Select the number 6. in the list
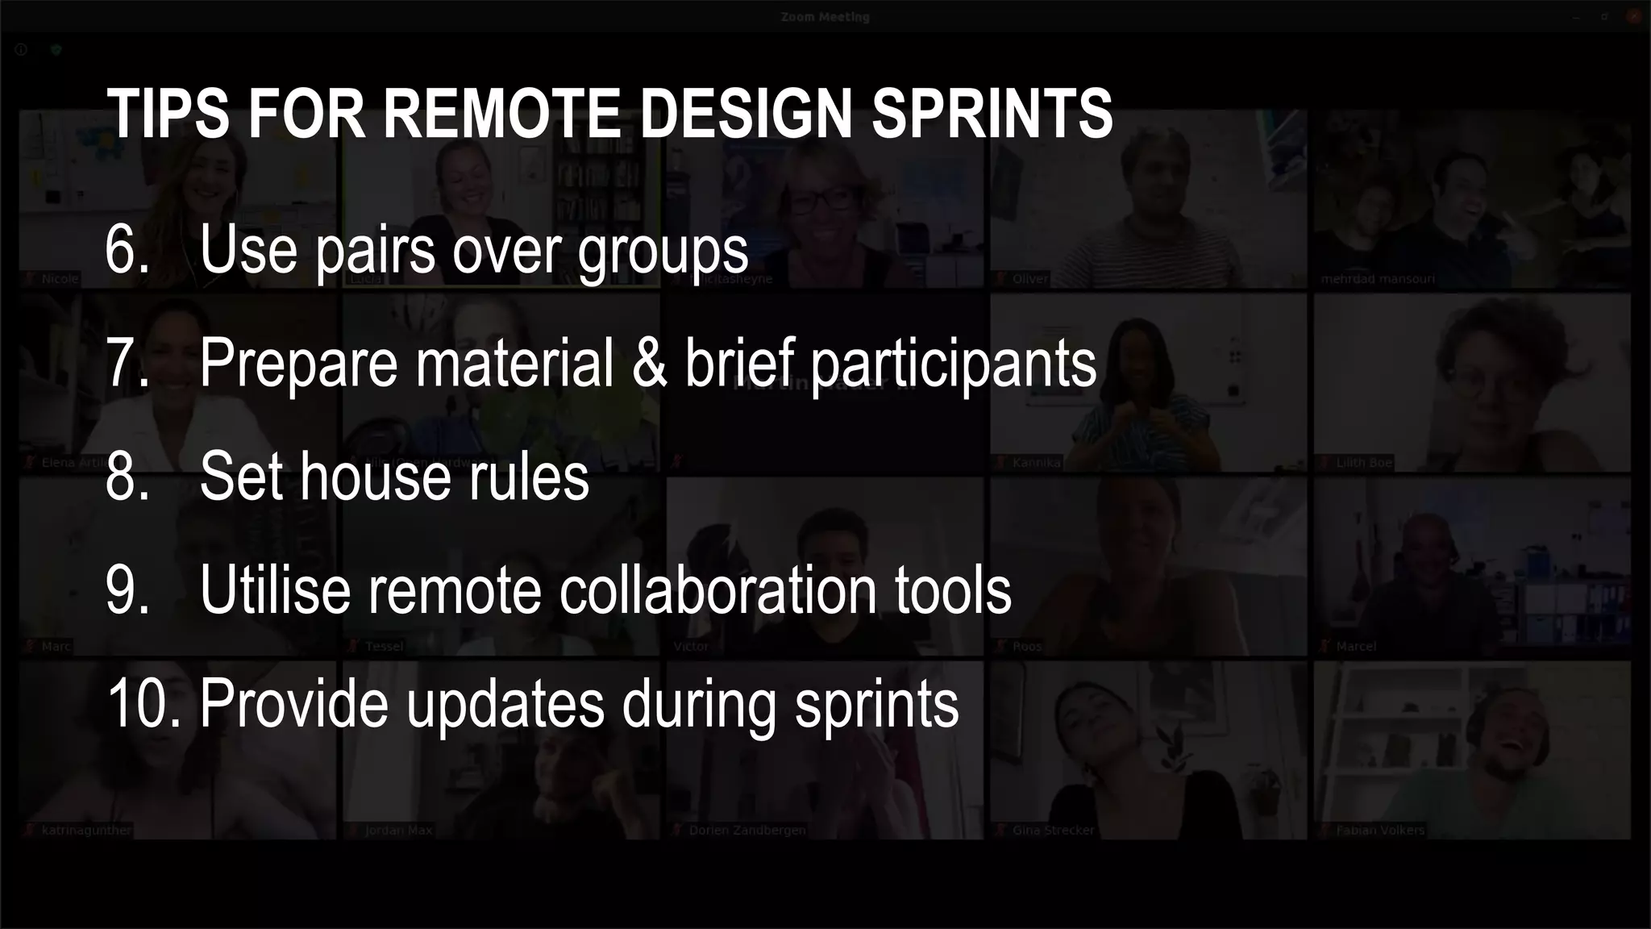pos(127,249)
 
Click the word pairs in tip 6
pos(375,251)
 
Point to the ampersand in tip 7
pos(649,363)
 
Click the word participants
pos(953,365)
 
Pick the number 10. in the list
pos(143,703)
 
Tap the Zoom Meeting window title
pos(825,17)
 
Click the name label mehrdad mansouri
pos(1378,279)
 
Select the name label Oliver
pos(1029,279)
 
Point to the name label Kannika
pos(1036,463)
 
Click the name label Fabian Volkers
pos(1379,830)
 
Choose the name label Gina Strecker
pos(1053,830)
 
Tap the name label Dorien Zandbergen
pos(746,830)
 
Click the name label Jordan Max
pos(398,830)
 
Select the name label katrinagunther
pos(85,830)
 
